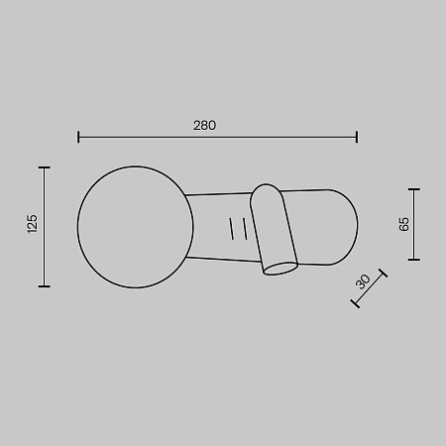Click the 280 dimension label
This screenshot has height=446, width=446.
click(204, 126)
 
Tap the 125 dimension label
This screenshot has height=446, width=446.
click(33, 224)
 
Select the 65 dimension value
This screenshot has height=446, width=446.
click(403, 224)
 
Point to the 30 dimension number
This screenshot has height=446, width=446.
click(363, 281)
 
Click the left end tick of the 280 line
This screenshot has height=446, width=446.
click(78, 137)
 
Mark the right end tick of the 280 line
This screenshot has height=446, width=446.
click(357, 137)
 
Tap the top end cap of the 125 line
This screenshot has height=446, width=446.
click(45, 167)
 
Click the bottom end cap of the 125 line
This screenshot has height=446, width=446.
click(45, 286)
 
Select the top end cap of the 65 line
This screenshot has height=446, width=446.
click(414, 189)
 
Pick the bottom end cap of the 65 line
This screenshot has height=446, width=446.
click(414, 260)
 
